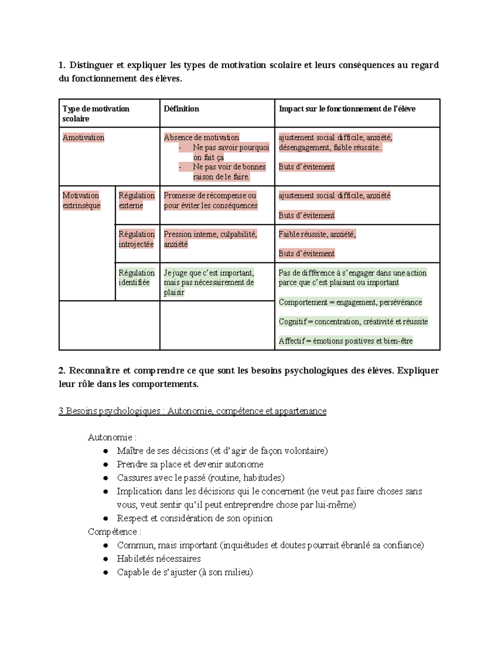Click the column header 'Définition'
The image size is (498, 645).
tap(181, 109)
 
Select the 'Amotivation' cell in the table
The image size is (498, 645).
tap(83, 137)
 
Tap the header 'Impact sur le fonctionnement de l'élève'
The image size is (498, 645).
tap(347, 109)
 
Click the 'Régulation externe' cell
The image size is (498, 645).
tap(137, 201)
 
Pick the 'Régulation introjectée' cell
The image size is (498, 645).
tap(137, 239)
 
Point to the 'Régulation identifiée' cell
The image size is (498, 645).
tap(137, 277)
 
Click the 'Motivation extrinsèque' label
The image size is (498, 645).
tap(81, 201)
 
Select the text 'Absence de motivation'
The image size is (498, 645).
tap(201, 137)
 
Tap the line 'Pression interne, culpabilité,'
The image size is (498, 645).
tap(210, 234)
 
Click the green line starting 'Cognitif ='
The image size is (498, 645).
tap(353, 321)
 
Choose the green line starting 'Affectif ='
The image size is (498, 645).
tap(346, 341)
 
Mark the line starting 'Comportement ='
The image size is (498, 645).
tap(350, 302)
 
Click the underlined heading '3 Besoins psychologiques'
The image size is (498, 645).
tap(193, 411)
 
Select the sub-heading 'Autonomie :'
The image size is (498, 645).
tap(112, 437)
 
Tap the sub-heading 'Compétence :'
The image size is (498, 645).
tap(115, 532)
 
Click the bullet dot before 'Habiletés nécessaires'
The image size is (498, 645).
tap(106, 559)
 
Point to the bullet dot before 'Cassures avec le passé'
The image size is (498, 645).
tap(106, 478)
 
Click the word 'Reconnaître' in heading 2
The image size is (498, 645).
tap(95, 370)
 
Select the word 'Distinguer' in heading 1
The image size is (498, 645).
tap(91, 65)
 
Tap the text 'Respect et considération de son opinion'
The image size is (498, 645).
tap(195, 518)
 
